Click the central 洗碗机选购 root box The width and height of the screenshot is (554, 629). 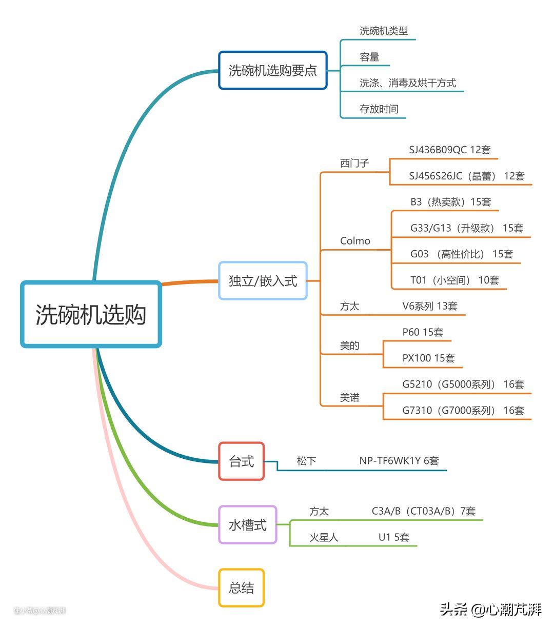91,314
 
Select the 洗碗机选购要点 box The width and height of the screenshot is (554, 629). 273,70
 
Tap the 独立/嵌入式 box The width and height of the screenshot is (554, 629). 263,281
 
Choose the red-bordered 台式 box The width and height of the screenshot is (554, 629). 241,461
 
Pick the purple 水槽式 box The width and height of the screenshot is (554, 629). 248,525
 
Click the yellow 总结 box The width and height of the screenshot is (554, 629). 241,588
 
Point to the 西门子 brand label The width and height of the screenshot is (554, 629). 354,164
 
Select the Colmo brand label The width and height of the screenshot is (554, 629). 355,241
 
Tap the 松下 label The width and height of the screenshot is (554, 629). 306,461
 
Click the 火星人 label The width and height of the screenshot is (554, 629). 324,538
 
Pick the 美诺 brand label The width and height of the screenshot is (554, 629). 349,398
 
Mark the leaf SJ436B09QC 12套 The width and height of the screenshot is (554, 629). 449,150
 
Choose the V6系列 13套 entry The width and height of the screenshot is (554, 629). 430,307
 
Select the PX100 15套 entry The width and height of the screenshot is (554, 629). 428,358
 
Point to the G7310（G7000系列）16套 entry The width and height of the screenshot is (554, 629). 463,411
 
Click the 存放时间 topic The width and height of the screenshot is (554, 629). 379,109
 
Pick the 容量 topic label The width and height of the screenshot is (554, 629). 369,57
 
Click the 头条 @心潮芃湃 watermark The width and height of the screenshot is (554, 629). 490,610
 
